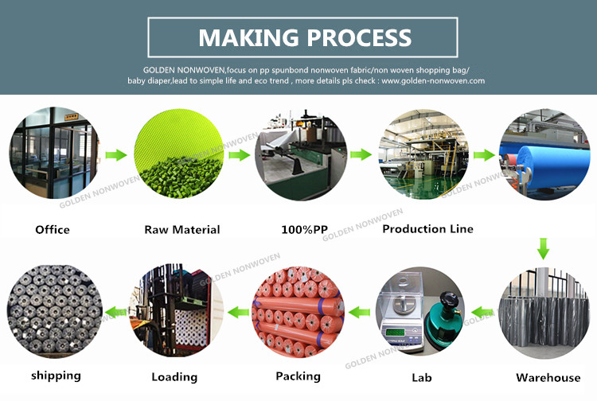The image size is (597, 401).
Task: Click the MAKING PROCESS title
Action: [x=304, y=37]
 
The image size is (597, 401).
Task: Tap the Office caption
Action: [x=53, y=230]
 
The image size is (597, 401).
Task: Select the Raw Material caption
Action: [x=181, y=230]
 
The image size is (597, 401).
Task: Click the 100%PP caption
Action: [x=304, y=230]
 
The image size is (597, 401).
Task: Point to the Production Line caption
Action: [x=427, y=229]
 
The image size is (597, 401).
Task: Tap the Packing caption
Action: [x=297, y=376]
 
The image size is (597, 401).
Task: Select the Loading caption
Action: [x=174, y=376]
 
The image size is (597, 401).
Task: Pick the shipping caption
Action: [x=56, y=375]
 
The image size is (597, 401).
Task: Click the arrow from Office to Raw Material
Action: [x=117, y=154]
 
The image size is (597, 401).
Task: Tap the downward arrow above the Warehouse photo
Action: [x=543, y=248]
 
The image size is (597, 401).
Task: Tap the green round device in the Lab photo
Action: [x=443, y=318]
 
